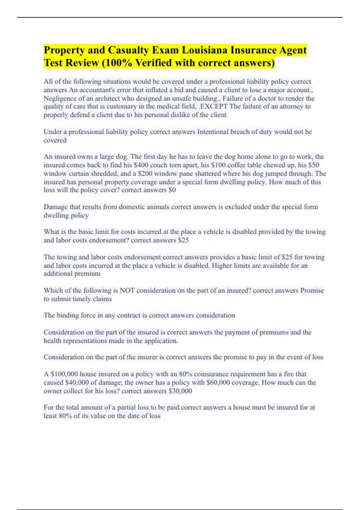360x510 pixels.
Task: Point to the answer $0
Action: click(x=172, y=190)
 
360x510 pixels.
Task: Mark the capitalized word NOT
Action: click(x=127, y=290)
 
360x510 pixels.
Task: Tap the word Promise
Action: click(x=312, y=290)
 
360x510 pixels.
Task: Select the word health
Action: click(x=52, y=341)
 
